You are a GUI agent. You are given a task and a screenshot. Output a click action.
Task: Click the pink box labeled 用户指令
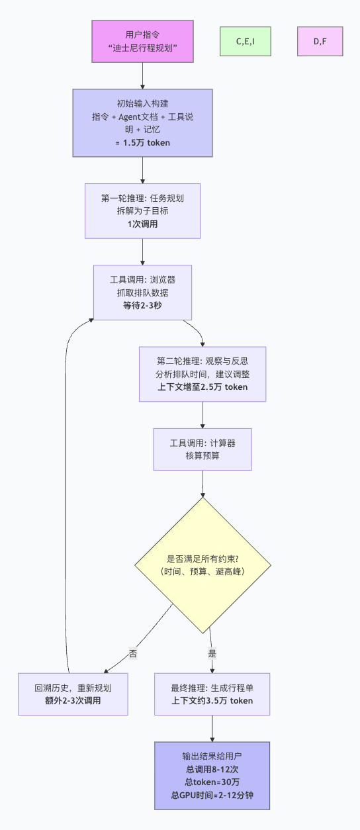pyautogui.click(x=142, y=41)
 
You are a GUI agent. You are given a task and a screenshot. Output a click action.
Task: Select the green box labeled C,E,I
pyautogui.click(x=245, y=41)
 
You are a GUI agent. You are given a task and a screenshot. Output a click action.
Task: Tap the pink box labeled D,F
pyautogui.click(x=320, y=41)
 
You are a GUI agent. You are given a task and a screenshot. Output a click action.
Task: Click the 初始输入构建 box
pyautogui.click(x=142, y=123)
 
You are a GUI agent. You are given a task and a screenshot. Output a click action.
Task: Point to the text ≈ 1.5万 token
pyautogui.click(x=142, y=142)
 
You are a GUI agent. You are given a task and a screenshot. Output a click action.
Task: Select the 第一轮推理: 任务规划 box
pyautogui.click(x=142, y=210)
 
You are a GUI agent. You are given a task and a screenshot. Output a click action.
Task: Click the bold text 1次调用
pyautogui.click(x=142, y=224)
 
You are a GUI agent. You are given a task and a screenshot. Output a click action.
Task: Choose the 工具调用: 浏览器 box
pyautogui.click(x=142, y=292)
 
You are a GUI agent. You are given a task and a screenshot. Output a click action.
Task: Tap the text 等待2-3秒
pyautogui.click(x=142, y=305)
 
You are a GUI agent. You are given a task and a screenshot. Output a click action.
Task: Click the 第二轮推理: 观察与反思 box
pyautogui.click(x=202, y=374)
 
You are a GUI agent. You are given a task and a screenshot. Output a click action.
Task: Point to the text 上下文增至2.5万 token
pyautogui.click(x=202, y=387)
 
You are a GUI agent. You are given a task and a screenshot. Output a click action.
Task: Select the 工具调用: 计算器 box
pyautogui.click(x=202, y=449)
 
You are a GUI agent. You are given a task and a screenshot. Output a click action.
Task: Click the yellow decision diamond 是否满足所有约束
pyautogui.click(x=202, y=565)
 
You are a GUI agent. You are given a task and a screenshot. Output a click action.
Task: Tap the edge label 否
pyautogui.click(x=133, y=653)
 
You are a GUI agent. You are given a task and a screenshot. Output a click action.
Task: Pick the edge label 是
pyautogui.click(x=212, y=653)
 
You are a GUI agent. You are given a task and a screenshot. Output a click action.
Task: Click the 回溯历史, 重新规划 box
pyautogui.click(x=73, y=694)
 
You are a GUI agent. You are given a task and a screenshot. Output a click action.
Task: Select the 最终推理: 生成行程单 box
pyautogui.click(x=212, y=694)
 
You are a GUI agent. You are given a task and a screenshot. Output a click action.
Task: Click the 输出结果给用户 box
pyautogui.click(x=212, y=775)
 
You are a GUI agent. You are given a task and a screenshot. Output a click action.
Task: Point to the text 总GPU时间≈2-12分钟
pyautogui.click(x=212, y=795)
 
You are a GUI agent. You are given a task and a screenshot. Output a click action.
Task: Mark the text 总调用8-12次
pyautogui.click(x=212, y=769)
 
